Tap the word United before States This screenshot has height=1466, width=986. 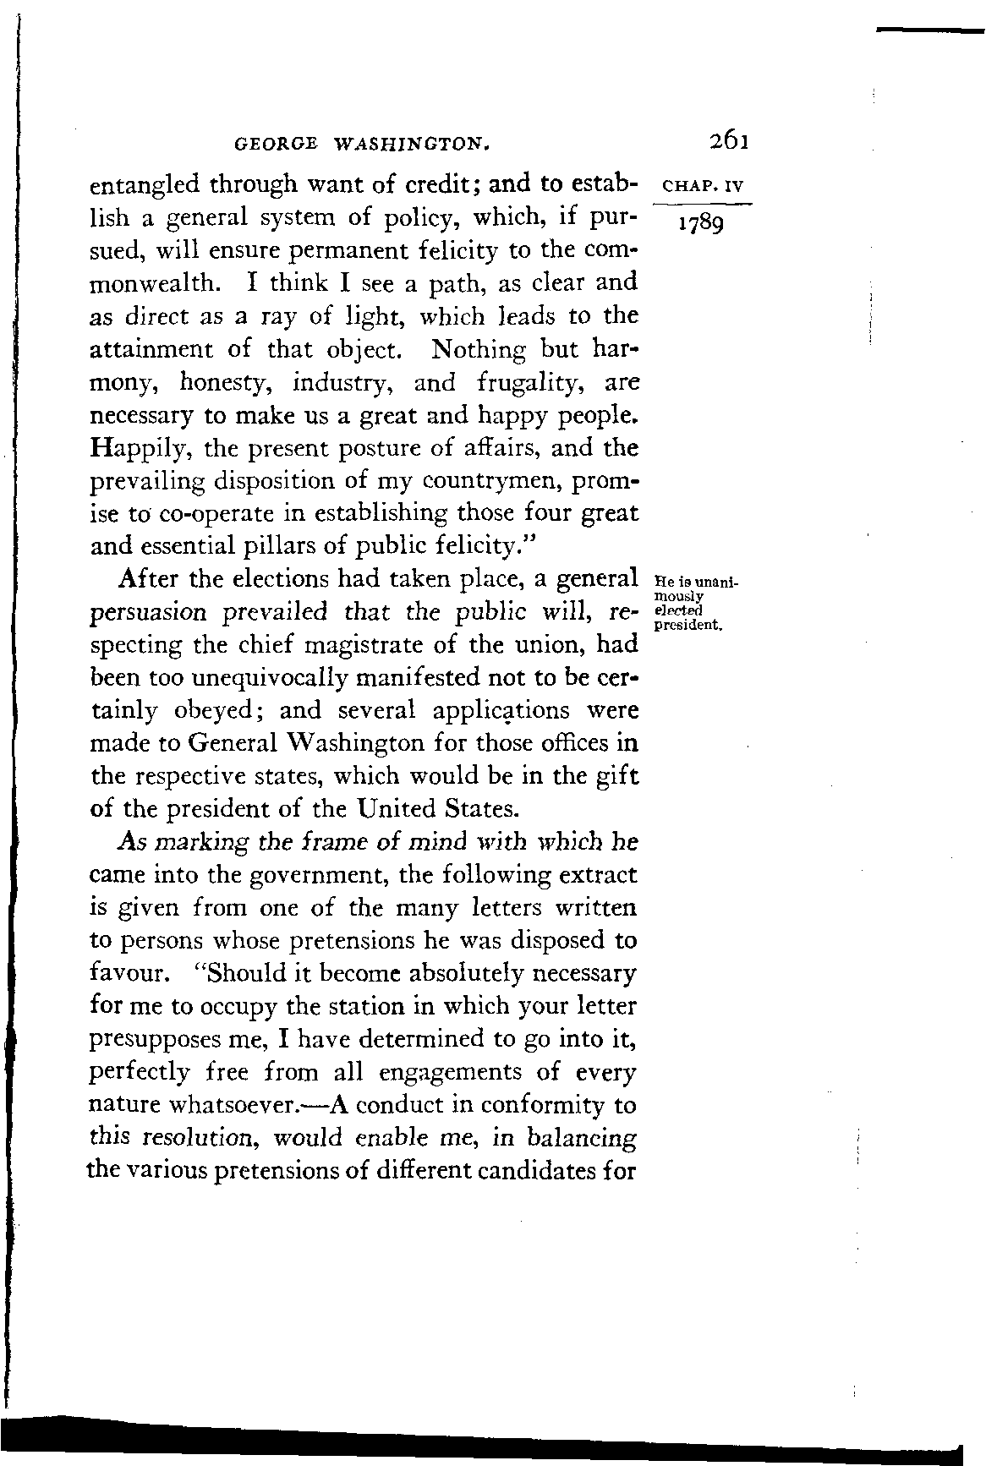pos(396,809)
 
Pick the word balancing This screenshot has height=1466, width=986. pos(581,1138)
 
